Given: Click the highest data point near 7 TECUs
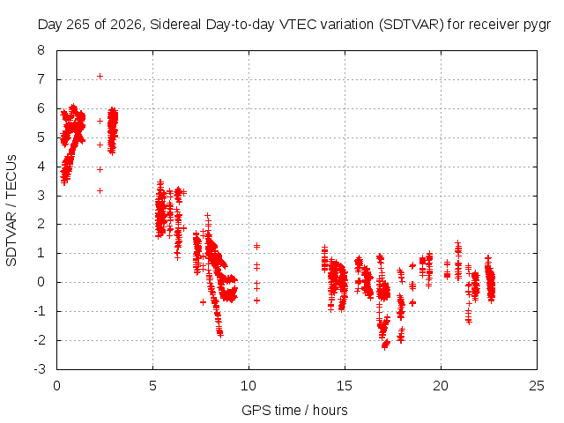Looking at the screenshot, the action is [x=100, y=77].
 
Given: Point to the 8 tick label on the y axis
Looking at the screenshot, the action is [x=41, y=50].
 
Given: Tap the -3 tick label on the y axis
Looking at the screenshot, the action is [x=39, y=369].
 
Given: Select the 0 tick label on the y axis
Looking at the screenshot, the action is [x=41, y=282].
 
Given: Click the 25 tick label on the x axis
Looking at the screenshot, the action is [x=537, y=386].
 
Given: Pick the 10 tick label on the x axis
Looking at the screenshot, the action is [x=249, y=386].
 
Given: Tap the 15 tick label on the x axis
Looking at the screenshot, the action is [x=345, y=386].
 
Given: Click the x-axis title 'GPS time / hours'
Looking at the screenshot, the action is [x=294, y=410].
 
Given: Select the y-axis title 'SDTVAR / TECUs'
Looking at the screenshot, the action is [x=11, y=211].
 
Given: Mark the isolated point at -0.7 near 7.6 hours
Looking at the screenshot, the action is [x=204, y=302].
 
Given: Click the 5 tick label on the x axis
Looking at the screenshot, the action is [x=152, y=386].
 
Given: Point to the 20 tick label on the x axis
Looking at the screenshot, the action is [x=441, y=386].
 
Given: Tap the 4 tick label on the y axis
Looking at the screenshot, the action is [x=41, y=167].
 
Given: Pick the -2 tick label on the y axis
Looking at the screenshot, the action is [x=39, y=340].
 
